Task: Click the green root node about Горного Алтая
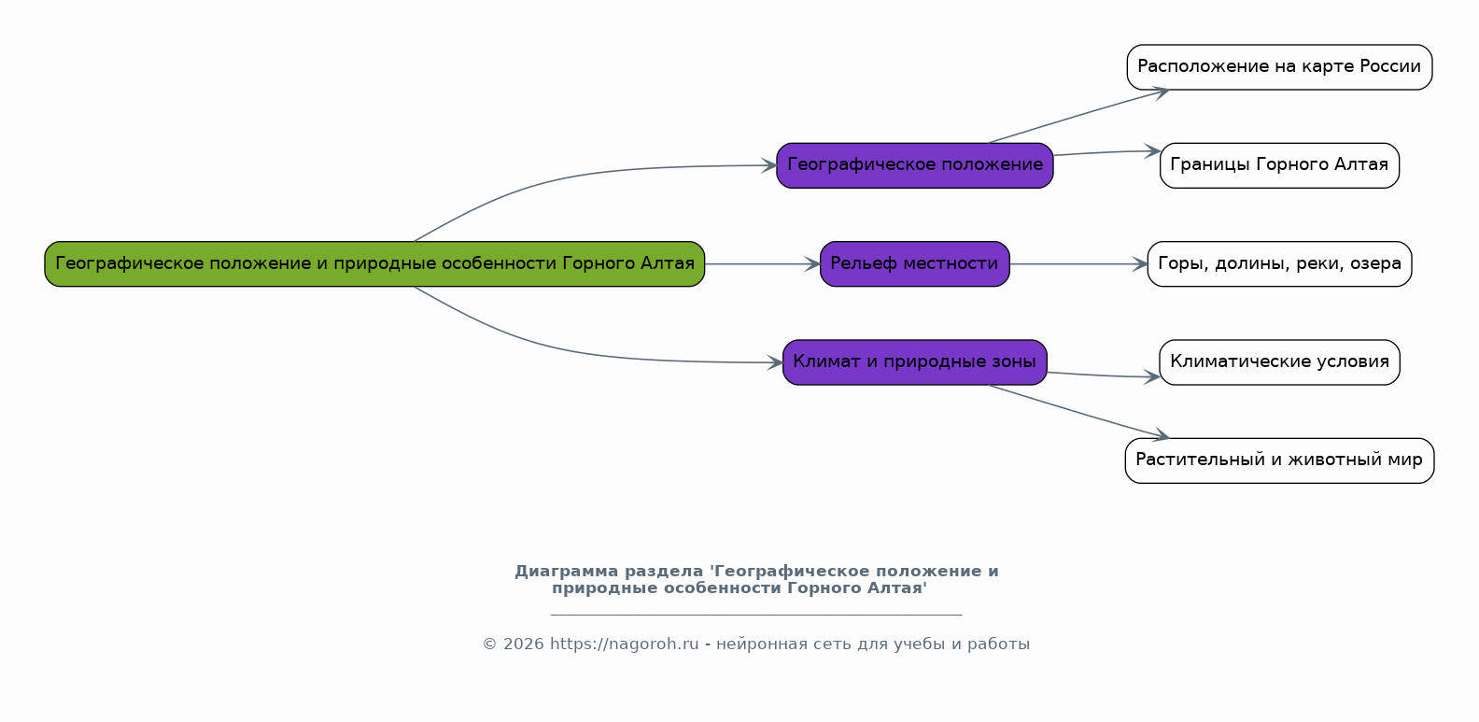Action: [374, 263]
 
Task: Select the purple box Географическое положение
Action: [914, 165]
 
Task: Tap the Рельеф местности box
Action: [914, 263]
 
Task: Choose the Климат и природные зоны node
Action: [914, 362]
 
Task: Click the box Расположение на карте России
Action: [1279, 66]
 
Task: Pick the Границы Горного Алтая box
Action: [1279, 165]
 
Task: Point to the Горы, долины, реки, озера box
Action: [1279, 263]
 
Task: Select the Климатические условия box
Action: [1279, 362]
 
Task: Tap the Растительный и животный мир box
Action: [1279, 460]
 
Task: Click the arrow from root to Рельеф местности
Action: [763, 264]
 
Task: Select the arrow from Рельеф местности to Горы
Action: [1078, 264]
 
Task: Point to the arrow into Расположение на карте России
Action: [1078, 116]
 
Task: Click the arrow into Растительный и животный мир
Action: [1078, 412]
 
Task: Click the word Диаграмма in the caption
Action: [567, 572]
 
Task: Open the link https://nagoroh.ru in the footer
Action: [624, 644]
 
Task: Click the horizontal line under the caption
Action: [756, 615]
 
